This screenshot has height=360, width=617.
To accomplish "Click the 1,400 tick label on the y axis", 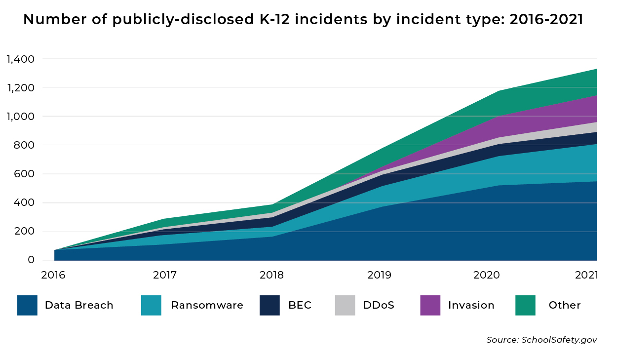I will pyautogui.click(x=20, y=59).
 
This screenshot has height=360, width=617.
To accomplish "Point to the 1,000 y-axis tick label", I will pyautogui.click(x=20, y=117).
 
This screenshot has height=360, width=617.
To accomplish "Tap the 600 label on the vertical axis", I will pyautogui.click(x=24, y=174).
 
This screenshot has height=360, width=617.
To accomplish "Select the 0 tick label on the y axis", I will pyautogui.click(x=31, y=260).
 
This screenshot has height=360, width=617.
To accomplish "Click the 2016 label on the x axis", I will pyautogui.click(x=54, y=275).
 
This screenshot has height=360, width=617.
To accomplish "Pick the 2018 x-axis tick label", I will pyautogui.click(x=271, y=275).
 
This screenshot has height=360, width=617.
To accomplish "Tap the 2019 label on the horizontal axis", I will pyautogui.click(x=380, y=275).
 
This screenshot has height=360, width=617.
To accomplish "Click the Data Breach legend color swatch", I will pyautogui.click(x=27, y=305).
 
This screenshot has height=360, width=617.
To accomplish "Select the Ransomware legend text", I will pyautogui.click(x=207, y=305).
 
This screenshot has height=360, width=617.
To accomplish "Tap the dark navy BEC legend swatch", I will pyautogui.click(x=270, y=305).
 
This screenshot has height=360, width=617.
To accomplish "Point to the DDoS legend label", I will pyautogui.click(x=379, y=305).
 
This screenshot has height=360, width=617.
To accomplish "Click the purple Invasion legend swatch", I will pyautogui.click(x=430, y=305).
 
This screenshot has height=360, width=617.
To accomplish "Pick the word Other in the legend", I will pyautogui.click(x=564, y=305).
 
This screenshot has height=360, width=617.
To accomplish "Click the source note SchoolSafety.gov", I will pyautogui.click(x=541, y=340).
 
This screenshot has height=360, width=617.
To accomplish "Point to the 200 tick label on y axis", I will pyautogui.click(x=24, y=232).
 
